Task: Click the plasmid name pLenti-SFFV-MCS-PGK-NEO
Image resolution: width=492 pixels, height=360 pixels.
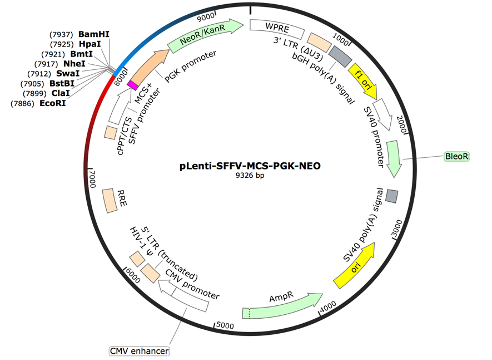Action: (250, 166)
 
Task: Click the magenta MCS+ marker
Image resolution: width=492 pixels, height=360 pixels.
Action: (133, 85)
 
